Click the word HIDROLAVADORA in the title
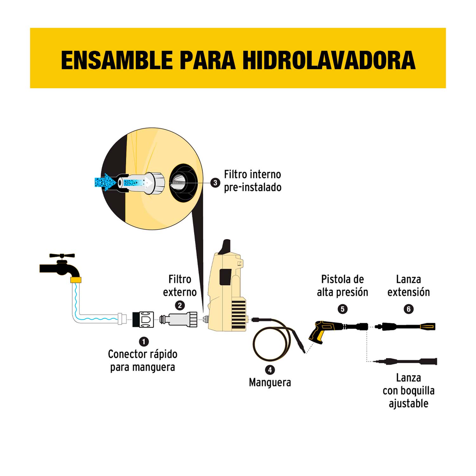point(329,60)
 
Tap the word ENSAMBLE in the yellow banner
point(117,60)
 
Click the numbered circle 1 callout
point(144,341)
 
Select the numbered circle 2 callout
point(180,305)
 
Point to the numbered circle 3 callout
point(215,182)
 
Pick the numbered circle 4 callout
point(270,370)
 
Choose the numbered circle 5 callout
point(342,309)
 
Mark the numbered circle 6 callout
point(408,309)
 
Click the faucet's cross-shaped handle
point(62,256)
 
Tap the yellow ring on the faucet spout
point(76,280)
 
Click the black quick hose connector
point(143,319)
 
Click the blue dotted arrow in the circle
point(105,182)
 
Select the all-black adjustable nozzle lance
point(408,361)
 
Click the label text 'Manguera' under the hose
point(270,382)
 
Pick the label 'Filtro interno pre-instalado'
point(253,181)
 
